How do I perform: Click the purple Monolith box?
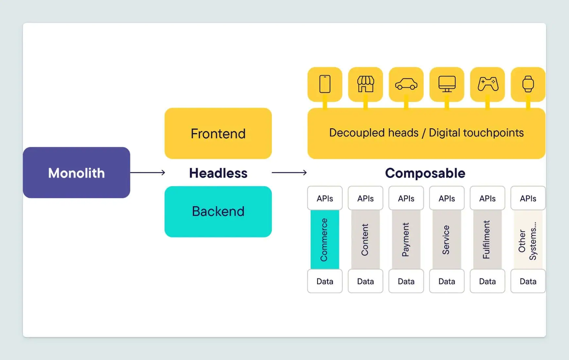[x=77, y=172]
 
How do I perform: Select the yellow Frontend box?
[x=218, y=133]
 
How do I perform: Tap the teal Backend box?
[x=218, y=211]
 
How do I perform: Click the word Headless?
[x=218, y=173]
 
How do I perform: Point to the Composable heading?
[x=425, y=173]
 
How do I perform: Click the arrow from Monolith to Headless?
[x=147, y=172]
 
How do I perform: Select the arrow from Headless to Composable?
[x=289, y=172]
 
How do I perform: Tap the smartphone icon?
[x=325, y=84]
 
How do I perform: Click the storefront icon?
[x=366, y=84]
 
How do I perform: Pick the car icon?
[x=406, y=84]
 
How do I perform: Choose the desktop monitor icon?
[x=447, y=84]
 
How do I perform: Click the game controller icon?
[x=488, y=84]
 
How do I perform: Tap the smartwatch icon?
[x=528, y=84]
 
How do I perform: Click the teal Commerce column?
[x=325, y=240]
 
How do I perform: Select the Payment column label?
[x=406, y=240]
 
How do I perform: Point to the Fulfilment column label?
[x=487, y=240]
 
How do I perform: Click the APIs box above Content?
[x=366, y=198]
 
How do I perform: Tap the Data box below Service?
[x=447, y=281]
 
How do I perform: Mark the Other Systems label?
[x=527, y=241]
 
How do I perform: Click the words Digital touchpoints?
[x=476, y=133]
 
